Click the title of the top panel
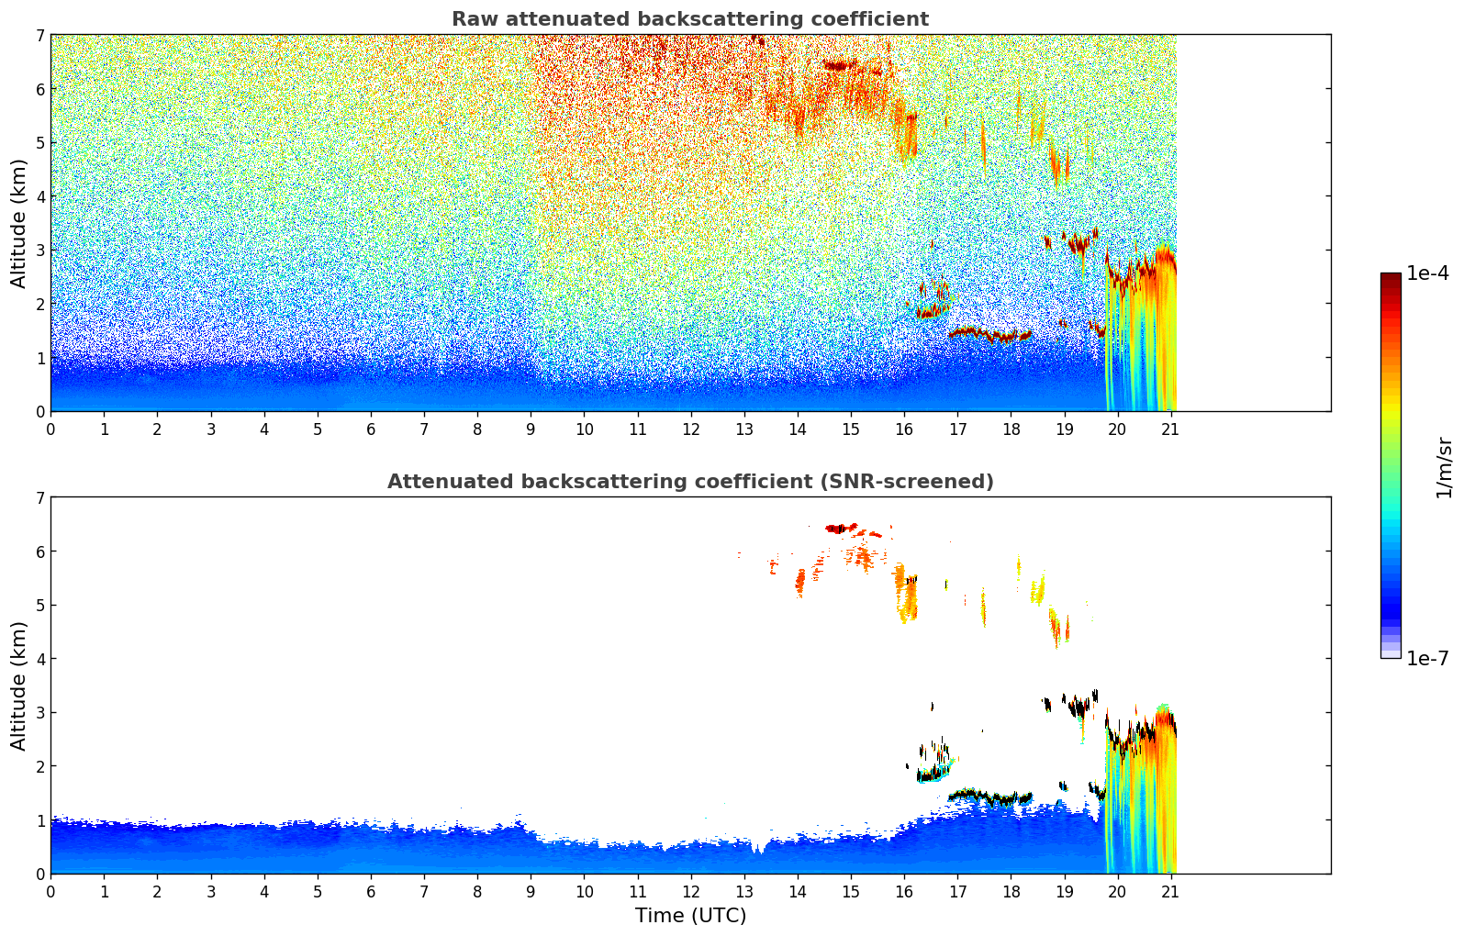coord(689,19)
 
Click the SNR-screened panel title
coord(689,482)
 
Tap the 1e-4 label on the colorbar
coord(1427,273)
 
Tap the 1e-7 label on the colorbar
coord(1427,658)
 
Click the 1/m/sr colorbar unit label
coord(1444,467)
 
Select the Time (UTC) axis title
coord(690,916)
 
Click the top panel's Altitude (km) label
coord(19,223)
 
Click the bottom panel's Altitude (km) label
coord(19,685)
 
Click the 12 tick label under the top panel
coord(690,429)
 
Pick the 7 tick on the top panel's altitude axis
coord(39,36)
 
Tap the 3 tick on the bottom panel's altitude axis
coord(39,713)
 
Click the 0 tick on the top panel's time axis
coord(50,429)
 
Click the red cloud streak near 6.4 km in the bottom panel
coord(841,529)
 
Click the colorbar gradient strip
coord(1390,465)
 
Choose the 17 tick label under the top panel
coord(957,429)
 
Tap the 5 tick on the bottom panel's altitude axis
coord(39,606)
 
